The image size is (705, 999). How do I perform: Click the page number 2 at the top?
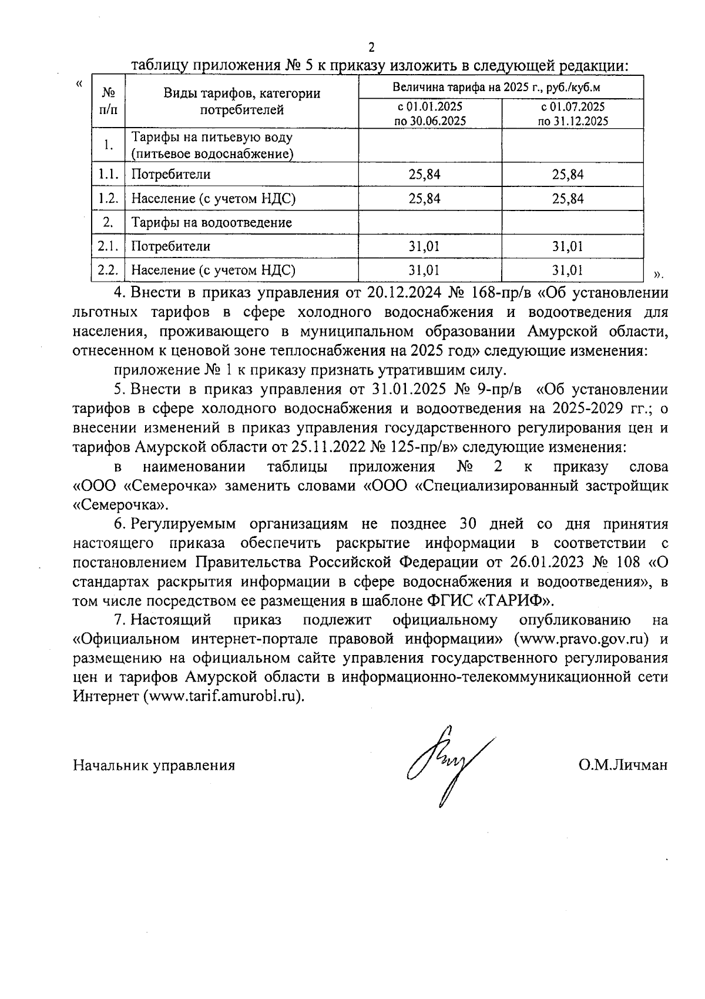pyautogui.click(x=371, y=48)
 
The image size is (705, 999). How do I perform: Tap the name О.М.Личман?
pyautogui.click(x=623, y=765)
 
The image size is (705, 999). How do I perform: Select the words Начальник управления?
pyautogui.click(x=154, y=765)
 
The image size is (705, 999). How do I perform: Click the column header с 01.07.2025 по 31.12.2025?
pyautogui.click(x=573, y=114)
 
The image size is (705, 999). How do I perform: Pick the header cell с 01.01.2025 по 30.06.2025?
pyautogui.click(x=430, y=114)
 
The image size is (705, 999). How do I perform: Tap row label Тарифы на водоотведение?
pyautogui.click(x=211, y=223)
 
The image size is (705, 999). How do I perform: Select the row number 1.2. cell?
pyautogui.click(x=109, y=199)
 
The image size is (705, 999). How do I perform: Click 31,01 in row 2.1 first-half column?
pyautogui.click(x=424, y=246)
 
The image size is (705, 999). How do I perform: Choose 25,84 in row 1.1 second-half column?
pyautogui.click(x=568, y=175)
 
